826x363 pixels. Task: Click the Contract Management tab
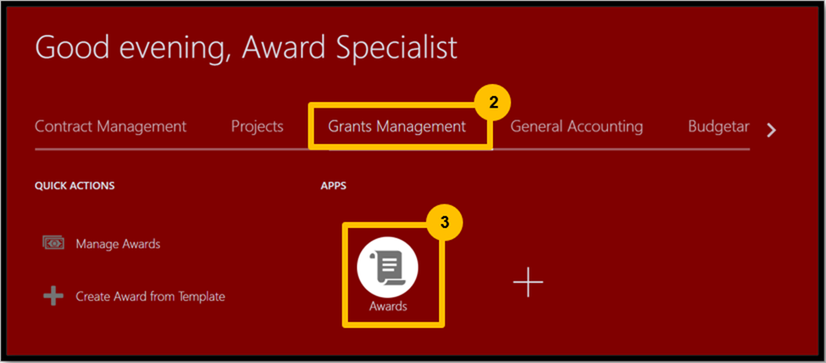click(x=111, y=126)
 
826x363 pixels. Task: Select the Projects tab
click(x=257, y=127)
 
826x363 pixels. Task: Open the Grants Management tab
click(x=396, y=127)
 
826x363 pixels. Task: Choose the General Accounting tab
click(x=576, y=127)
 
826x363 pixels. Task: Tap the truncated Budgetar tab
click(x=718, y=127)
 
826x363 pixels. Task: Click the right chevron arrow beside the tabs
click(x=771, y=131)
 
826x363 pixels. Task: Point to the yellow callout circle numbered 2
click(x=493, y=103)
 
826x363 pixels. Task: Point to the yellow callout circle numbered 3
click(x=445, y=222)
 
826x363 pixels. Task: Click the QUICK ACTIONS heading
click(x=75, y=186)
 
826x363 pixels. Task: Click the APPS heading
click(x=334, y=186)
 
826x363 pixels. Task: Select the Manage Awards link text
click(x=118, y=243)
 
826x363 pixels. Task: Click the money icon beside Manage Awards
click(x=53, y=243)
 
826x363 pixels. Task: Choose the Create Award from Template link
click(x=150, y=297)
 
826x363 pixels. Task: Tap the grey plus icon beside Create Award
click(x=53, y=296)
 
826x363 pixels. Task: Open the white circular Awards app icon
click(x=388, y=267)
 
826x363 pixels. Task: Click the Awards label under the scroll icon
click(x=388, y=306)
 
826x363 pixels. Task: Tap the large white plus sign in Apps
click(x=528, y=282)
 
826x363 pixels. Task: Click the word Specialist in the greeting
click(x=396, y=49)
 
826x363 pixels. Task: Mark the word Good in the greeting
click(x=72, y=47)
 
